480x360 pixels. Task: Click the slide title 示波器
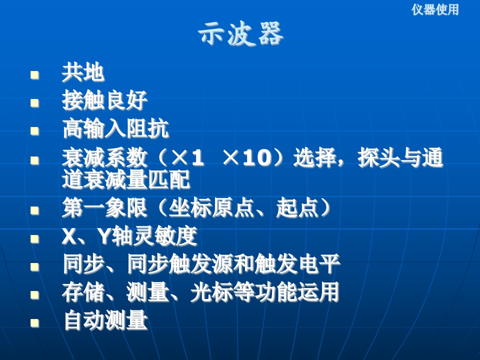(x=241, y=33)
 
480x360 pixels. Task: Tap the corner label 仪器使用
(x=435, y=9)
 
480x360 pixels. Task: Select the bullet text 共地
(x=83, y=73)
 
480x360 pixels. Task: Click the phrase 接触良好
(x=104, y=100)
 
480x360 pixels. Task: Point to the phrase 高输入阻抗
(x=115, y=128)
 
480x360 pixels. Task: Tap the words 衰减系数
(x=104, y=158)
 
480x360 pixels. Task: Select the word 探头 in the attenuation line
(x=378, y=158)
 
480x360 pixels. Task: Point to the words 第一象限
(x=104, y=208)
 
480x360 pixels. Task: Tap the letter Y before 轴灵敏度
(x=104, y=236)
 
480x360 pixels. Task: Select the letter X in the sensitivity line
(x=69, y=236)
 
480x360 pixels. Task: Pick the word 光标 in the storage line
(x=211, y=292)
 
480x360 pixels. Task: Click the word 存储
(x=83, y=292)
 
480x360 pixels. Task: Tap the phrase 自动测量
(x=105, y=320)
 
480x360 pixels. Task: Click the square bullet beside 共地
(x=34, y=75)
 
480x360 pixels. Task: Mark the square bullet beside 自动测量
(x=34, y=323)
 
